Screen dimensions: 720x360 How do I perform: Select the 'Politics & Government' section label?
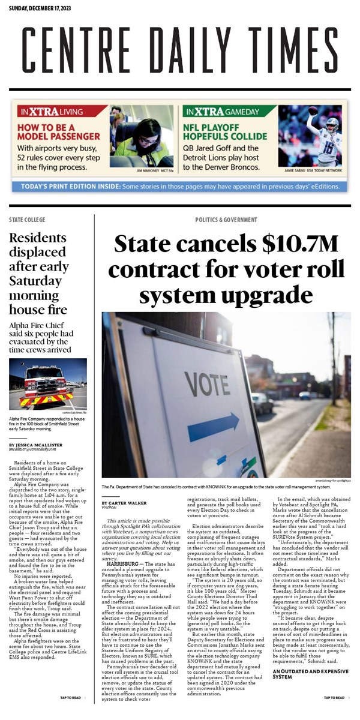pyautogui.click(x=226, y=220)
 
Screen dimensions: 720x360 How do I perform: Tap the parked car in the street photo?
pyautogui.click(x=262, y=403)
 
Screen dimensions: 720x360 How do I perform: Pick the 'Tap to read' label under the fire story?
pyautogui.click(x=70, y=698)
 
